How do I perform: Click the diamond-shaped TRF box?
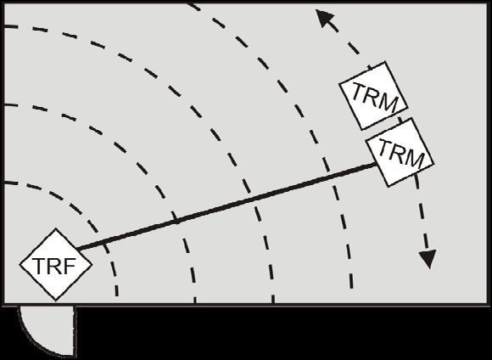[x=56, y=265]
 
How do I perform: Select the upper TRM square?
[x=373, y=96]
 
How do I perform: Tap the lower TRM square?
[x=400, y=153]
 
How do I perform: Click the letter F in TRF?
[x=70, y=266]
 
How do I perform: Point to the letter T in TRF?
[x=39, y=266]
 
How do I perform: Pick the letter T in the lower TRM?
[x=385, y=147]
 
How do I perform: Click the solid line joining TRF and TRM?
[x=226, y=206]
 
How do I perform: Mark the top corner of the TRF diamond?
[x=56, y=228]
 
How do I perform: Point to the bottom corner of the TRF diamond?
[x=56, y=301]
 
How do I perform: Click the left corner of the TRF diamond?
[x=20, y=265]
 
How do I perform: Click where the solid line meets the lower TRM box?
[x=376, y=164]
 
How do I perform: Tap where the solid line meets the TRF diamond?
[x=77, y=250]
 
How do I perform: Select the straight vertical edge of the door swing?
[x=75, y=331]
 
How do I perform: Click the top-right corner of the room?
[x=489, y=3]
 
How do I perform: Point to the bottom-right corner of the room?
[x=489, y=305]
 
